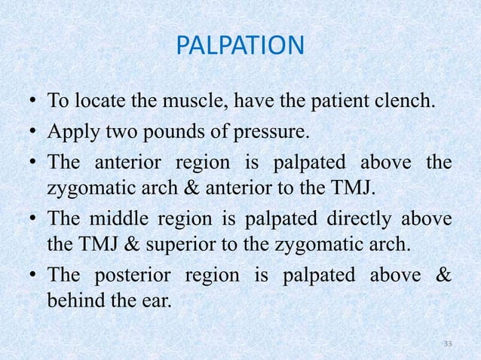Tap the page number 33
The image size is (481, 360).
tap(448, 344)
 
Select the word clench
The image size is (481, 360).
tap(410, 100)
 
